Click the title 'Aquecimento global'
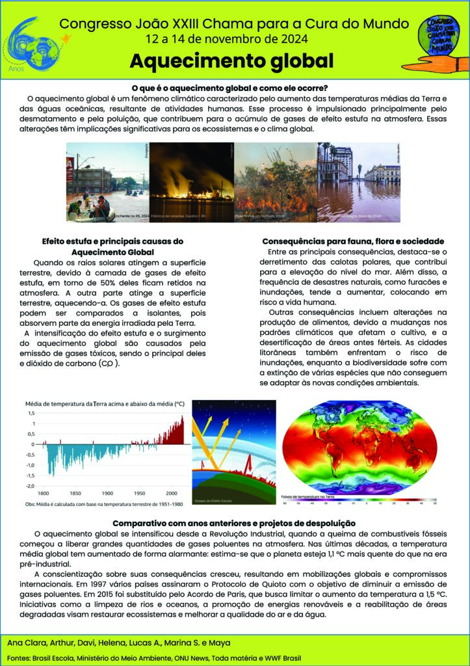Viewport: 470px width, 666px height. pyautogui.click(x=231, y=61)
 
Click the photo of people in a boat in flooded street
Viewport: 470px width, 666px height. pyautogui.click(x=107, y=183)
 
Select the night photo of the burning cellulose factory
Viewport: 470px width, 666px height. pyautogui.click(x=191, y=183)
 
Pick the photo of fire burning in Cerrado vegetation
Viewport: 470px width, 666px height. pyautogui.click(x=275, y=183)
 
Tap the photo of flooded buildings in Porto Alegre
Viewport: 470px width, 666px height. pyautogui.click(x=359, y=183)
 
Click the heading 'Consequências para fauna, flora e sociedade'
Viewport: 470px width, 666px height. pyautogui.click(x=353, y=241)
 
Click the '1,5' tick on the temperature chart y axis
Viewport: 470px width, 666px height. pyautogui.click(x=31, y=413)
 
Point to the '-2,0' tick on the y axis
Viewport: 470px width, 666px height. pyautogui.click(x=29, y=486)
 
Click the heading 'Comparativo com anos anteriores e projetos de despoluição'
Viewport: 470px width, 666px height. pyautogui.click(x=235, y=523)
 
